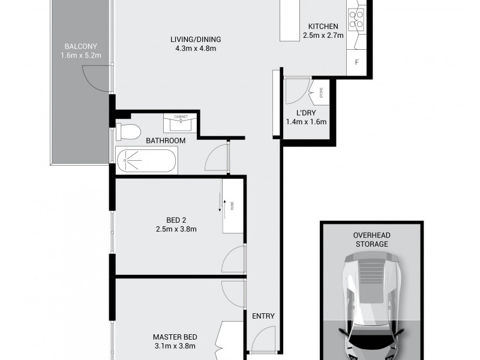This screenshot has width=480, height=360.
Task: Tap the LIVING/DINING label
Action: (x=193, y=40)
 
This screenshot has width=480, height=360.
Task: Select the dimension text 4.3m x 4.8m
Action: (x=193, y=49)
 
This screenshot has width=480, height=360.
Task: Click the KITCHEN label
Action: (x=323, y=26)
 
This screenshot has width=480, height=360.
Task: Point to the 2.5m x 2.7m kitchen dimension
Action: (x=323, y=35)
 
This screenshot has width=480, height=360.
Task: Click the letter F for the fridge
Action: (x=357, y=62)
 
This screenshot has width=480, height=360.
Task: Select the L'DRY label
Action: (x=305, y=113)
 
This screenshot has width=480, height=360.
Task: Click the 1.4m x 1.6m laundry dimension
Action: (x=305, y=122)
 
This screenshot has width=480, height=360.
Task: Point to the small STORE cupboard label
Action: (x=321, y=93)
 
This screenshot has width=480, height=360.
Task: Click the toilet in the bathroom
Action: (x=127, y=130)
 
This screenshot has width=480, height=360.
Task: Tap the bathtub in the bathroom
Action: (x=146, y=161)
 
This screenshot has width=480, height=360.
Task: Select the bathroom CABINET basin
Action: (x=181, y=122)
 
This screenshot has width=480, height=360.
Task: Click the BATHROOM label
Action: (x=166, y=140)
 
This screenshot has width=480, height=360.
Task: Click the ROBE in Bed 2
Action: (x=232, y=206)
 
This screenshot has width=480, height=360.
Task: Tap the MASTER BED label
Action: (x=173, y=337)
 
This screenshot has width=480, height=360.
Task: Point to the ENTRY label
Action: (x=263, y=316)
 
